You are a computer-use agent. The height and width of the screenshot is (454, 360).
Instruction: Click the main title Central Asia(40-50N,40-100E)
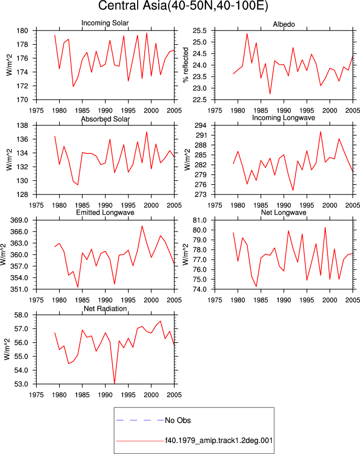click(183, 6)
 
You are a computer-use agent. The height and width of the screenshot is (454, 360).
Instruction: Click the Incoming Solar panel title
click(105, 23)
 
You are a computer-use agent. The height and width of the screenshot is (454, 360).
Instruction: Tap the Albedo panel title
click(284, 25)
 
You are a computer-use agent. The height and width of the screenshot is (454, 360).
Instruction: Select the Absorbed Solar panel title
click(105, 119)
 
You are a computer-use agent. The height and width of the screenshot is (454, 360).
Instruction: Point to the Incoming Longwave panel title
click(283, 118)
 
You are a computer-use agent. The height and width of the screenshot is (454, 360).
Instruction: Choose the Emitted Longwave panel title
click(105, 212)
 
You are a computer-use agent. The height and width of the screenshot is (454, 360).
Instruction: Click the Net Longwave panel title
click(283, 212)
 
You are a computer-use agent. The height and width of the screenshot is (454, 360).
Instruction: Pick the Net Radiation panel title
click(105, 309)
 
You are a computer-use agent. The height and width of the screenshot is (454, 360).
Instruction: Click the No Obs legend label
click(178, 420)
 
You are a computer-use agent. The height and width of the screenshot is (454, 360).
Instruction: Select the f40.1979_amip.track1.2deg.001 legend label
click(219, 440)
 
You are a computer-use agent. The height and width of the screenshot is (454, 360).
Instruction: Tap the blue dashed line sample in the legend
click(140, 420)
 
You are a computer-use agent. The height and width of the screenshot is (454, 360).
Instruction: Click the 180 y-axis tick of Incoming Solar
click(23, 31)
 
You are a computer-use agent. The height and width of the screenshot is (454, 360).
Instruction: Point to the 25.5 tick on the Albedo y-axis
click(200, 31)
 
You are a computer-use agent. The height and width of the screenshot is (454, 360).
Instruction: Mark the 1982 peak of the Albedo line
click(247, 34)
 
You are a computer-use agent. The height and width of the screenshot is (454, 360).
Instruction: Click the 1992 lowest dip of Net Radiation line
click(115, 383)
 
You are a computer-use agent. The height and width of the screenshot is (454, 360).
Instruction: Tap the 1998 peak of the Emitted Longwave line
click(142, 226)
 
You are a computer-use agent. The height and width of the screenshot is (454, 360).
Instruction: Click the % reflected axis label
click(186, 65)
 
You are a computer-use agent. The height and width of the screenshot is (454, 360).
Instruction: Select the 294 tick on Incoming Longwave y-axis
click(201, 126)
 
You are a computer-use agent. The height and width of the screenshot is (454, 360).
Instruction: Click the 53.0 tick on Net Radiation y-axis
click(21, 384)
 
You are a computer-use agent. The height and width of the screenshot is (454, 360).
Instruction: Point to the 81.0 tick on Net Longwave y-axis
click(200, 220)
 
